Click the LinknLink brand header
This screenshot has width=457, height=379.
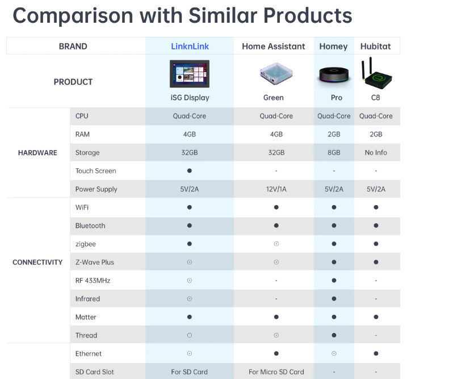(x=190, y=47)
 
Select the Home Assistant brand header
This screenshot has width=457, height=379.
(x=273, y=47)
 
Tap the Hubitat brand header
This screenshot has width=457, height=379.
(x=375, y=47)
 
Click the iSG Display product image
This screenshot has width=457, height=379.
(x=190, y=74)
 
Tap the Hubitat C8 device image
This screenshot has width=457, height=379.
(x=375, y=73)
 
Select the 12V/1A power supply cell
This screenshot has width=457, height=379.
(x=276, y=189)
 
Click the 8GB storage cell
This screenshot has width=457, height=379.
(x=334, y=153)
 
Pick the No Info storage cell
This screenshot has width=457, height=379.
(x=376, y=153)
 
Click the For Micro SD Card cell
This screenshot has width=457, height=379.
(x=276, y=372)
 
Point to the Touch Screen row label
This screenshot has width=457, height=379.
(x=95, y=171)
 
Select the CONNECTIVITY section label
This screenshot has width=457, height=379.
(x=37, y=263)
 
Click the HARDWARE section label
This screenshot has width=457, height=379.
(x=37, y=153)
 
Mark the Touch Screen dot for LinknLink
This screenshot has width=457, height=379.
(x=190, y=171)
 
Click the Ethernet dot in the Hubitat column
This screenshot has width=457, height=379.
(x=376, y=353)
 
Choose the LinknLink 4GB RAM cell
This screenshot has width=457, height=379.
(x=190, y=135)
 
